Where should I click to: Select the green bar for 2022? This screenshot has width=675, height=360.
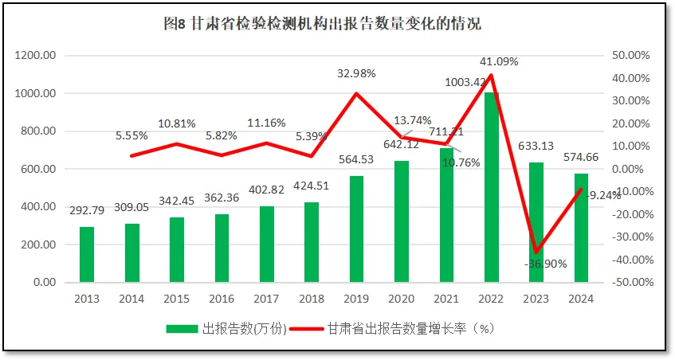tap(492, 187)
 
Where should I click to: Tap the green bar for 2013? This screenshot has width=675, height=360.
tap(86, 255)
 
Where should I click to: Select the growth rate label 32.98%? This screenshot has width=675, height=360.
tap(356, 73)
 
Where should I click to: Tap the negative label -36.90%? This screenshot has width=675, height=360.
tap(546, 264)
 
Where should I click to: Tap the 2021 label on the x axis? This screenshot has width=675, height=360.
tap(446, 298)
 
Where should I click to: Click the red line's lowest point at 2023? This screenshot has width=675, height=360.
tap(537, 252)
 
